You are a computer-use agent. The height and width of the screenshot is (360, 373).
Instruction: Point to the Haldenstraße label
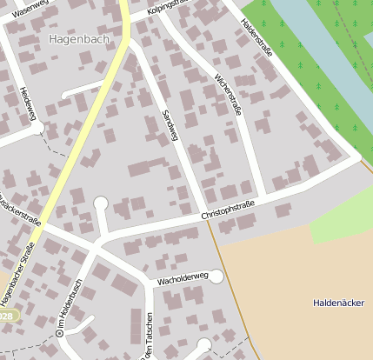pos(257,38)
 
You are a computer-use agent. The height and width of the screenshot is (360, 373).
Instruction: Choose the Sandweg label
pos(170,125)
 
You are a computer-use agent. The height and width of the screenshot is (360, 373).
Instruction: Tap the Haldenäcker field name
pos(338,303)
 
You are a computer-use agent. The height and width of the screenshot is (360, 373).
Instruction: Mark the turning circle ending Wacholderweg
pos(216,277)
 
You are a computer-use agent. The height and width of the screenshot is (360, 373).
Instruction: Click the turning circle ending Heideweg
pos(38,128)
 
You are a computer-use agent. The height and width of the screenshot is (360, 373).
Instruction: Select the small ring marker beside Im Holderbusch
pos(59,332)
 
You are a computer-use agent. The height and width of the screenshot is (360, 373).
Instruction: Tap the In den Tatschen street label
pos(150,337)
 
